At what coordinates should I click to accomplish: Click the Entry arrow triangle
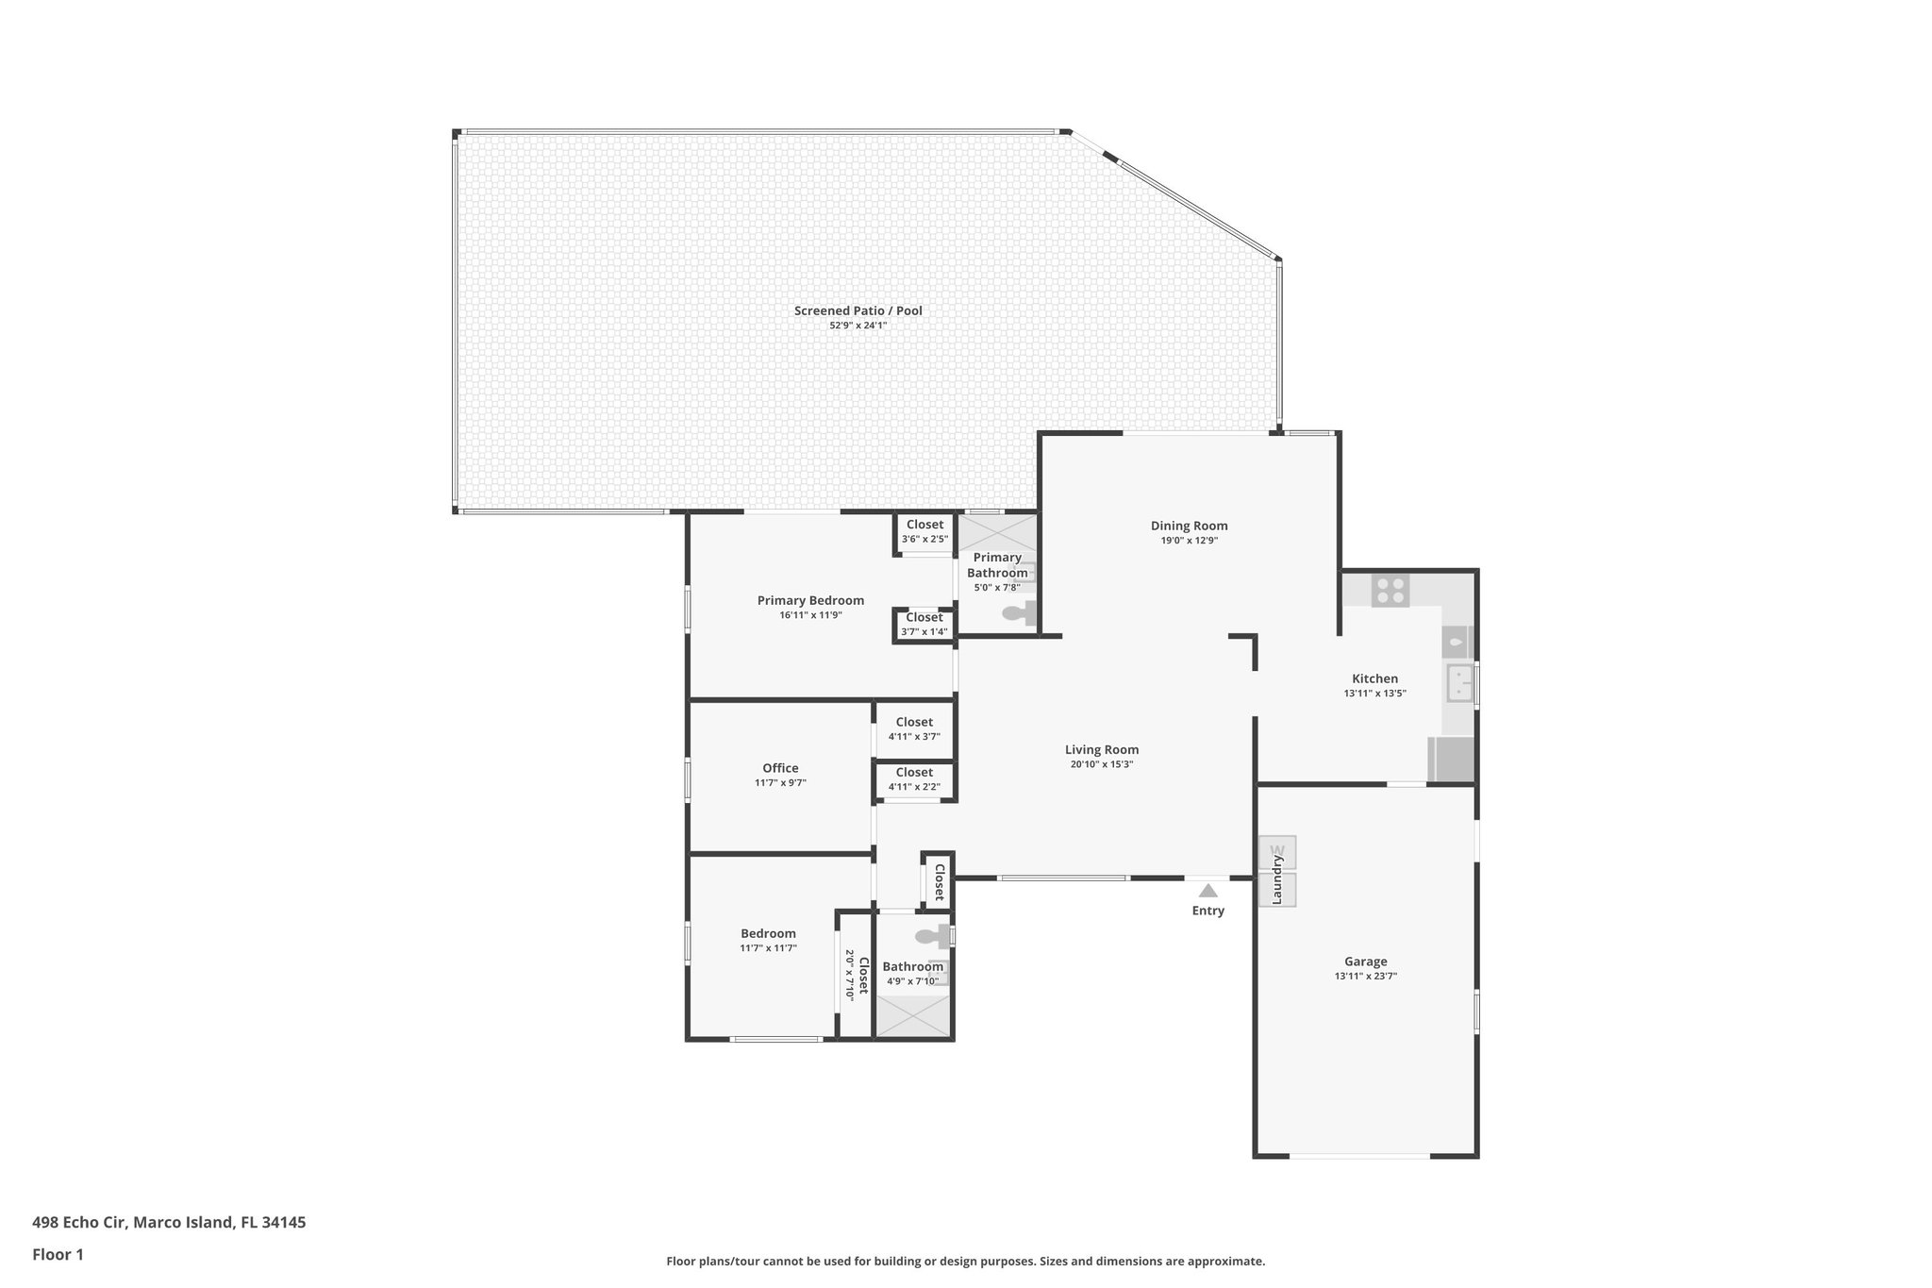[1207, 890]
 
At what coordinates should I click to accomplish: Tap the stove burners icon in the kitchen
[1390, 591]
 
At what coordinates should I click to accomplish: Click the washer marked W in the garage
[1277, 852]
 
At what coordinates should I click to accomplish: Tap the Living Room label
[1101, 750]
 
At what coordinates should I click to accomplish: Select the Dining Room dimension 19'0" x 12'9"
[1189, 541]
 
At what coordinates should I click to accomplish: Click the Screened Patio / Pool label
[858, 310]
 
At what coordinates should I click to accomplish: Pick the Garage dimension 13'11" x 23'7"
[1365, 977]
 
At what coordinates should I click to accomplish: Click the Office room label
[780, 768]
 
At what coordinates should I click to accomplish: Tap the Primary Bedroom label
[810, 600]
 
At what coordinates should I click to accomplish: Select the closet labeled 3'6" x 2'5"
[924, 532]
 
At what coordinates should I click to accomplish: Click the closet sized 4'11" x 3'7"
[914, 728]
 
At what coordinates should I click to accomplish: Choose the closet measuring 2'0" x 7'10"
[856, 975]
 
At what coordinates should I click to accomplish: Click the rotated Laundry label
[1277, 879]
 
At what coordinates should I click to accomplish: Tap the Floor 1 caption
[58, 1254]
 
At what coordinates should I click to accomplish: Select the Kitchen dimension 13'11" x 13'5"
[1374, 694]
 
